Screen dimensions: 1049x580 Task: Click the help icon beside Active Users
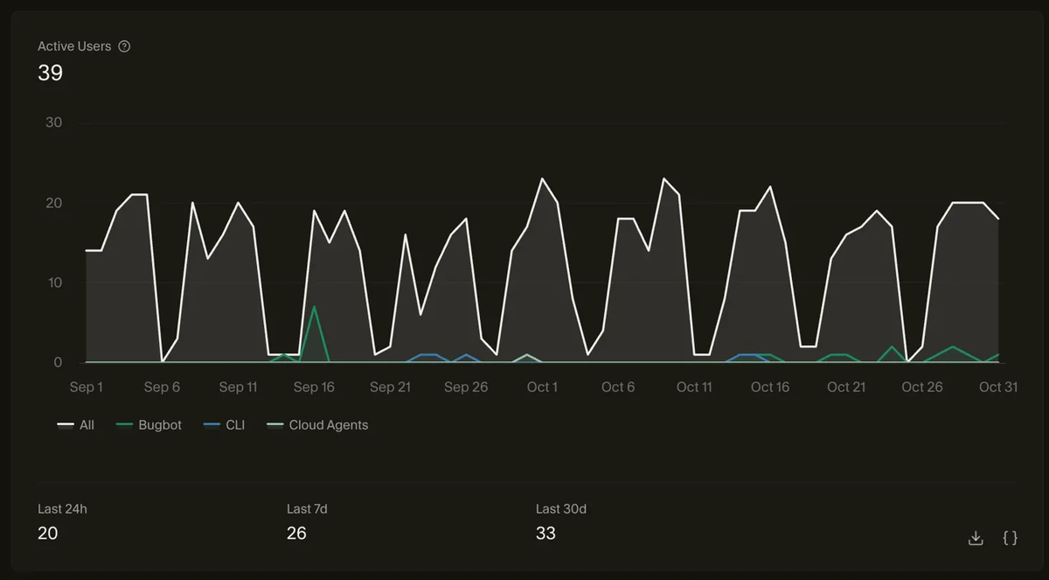coord(124,46)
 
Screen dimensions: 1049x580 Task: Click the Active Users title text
coord(74,46)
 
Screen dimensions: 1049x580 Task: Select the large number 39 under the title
coord(50,73)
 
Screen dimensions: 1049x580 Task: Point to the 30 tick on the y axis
coord(54,122)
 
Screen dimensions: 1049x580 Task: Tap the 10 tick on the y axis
coord(55,283)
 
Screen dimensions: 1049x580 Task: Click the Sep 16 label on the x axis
coord(314,387)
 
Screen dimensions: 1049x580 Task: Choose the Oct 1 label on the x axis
coord(542,387)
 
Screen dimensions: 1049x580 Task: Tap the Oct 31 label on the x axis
coord(998,387)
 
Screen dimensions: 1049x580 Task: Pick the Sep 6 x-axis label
coord(162,387)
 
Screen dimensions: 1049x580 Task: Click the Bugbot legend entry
coord(149,425)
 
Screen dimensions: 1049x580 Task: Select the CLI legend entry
coord(224,425)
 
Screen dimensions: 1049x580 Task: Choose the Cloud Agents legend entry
coord(317,425)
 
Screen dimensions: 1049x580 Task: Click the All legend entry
coord(75,425)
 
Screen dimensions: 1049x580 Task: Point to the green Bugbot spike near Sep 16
coord(314,307)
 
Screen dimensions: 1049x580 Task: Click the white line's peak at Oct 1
coord(542,178)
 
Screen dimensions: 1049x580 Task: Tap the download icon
coord(976,538)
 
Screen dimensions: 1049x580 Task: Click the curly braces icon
coord(1011,538)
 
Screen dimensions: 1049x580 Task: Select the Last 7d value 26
coord(296,533)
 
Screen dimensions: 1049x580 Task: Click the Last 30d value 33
coord(545,533)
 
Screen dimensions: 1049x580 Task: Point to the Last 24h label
coord(62,509)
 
